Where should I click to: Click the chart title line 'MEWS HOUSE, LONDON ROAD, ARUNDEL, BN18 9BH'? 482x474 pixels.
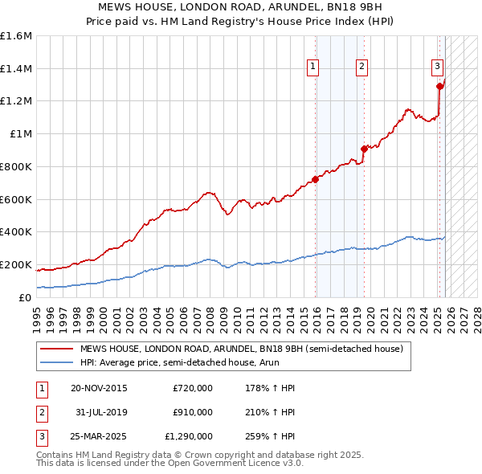point(241,7)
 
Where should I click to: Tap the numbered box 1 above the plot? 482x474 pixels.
point(312,67)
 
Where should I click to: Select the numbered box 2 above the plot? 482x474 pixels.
point(362,67)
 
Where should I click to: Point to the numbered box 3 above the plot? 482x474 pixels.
point(436,67)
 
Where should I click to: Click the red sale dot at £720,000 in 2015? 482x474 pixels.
point(315,179)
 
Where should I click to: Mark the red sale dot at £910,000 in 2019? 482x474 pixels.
point(364,148)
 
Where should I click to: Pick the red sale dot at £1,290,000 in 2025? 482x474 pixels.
point(439,86)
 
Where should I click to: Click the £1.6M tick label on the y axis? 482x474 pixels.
point(16,36)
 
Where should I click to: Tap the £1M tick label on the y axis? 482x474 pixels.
point(20,134)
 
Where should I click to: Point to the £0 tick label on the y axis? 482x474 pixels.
point(26,297)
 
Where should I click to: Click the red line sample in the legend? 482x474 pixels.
point(57,349)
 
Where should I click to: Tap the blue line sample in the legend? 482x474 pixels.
point(57,362)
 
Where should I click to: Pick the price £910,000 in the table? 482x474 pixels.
point(193,412)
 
